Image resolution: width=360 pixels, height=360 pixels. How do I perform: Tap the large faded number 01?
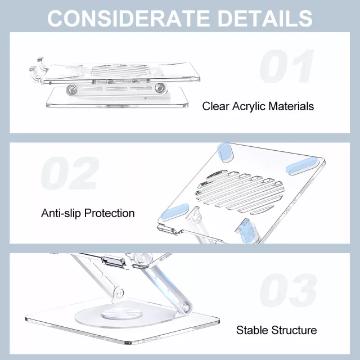pyautogui.click(x=287, y=66)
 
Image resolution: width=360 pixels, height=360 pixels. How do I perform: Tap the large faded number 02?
pyautogui.click(x=70, y=173)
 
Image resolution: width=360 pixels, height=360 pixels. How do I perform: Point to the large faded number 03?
pyautogui.click(x=289, y=290)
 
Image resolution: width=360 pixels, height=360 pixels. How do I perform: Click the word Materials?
pyautogui.click(x=291, y=106)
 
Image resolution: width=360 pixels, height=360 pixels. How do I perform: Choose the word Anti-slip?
pyautogui.click(x=61, y=213)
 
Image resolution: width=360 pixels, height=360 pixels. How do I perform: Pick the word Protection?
pyautogui.click(x=109, y=213)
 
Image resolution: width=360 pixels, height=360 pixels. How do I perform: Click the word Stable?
pyautogui.click(x=253, y=330)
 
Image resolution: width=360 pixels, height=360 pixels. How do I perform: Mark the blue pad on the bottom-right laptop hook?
pyautogui.click(x=247, y=230)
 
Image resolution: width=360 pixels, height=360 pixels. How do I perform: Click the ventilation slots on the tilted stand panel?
pyautogui.click(x=240, y=192)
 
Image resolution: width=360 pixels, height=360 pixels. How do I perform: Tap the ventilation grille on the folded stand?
pyautogui.click(x=119, y=70)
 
